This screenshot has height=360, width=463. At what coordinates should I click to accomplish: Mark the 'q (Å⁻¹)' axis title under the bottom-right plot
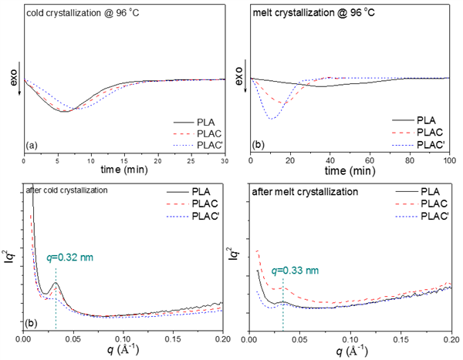tap(351, 349)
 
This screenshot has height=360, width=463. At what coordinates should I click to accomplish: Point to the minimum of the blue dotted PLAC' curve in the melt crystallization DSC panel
tap(271, 119)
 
